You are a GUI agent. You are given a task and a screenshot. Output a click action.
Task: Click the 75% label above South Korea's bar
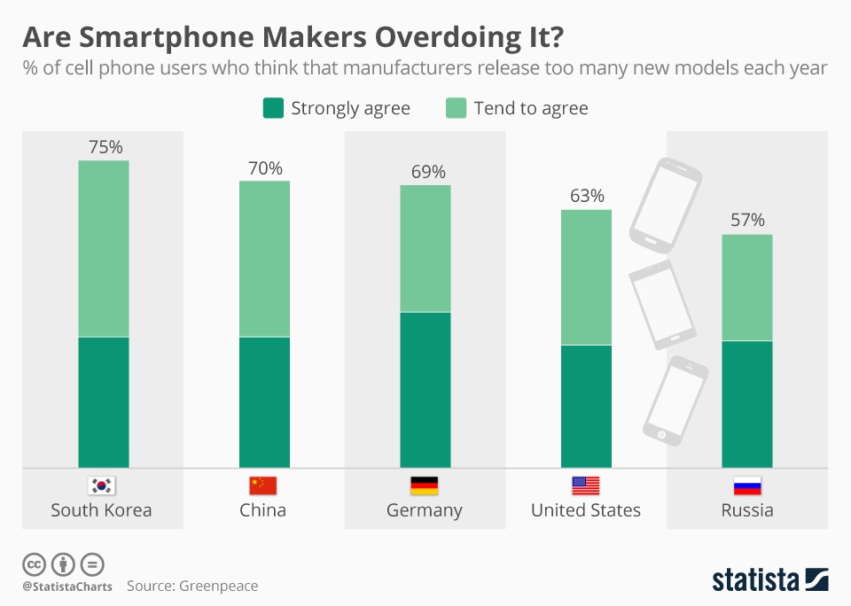click(105, 147)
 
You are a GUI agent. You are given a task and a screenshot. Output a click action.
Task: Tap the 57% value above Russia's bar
click(747, 221)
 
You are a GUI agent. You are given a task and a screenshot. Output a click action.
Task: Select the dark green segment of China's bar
click(265, 402)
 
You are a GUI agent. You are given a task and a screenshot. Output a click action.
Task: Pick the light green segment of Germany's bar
click(426, 248)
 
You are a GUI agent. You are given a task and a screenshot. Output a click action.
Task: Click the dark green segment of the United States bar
click(587, 406)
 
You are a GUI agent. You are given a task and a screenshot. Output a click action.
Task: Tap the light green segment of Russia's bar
click(747, 288)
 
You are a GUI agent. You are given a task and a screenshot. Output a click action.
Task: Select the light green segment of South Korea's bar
click(105, 248)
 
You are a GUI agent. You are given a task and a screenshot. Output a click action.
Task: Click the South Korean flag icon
click(102, 486)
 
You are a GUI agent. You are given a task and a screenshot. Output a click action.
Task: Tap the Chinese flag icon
click(262, 486)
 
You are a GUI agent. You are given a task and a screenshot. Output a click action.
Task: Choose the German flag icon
click(424, 486)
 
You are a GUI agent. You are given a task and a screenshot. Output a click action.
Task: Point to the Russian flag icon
click(747, 486)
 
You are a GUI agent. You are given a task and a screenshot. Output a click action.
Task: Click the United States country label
click(586, 510)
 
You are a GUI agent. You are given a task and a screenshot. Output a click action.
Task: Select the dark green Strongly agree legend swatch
click(273, 108)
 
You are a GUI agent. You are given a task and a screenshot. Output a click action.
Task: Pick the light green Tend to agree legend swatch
click(456, 108)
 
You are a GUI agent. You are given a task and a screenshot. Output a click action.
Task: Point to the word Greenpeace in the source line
click(218, 586)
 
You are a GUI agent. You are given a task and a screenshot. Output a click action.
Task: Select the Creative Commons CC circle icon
click(34, 563)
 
